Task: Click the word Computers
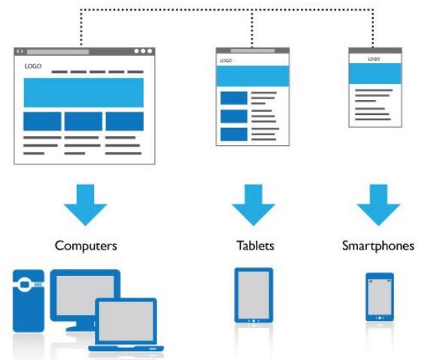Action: point(86,246)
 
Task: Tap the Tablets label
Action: point(255,246)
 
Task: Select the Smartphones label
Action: point(378,246)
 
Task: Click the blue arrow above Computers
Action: point(86,204)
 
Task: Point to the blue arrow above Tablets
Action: point(253,204)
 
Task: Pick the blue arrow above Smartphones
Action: point(378,204)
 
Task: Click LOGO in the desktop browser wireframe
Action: point(33,66)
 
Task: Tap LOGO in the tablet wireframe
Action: point(226,61)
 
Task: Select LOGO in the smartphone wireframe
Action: point(373,59)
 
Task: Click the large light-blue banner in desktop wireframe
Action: point(83,92)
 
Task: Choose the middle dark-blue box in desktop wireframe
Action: point(83,121)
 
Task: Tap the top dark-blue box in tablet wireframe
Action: point(234,98)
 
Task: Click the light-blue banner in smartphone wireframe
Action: point(375,74)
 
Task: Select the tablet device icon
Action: point(253,295)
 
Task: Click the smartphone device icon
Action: point(380,297)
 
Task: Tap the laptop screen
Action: point(126,321)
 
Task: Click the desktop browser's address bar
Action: point(58,51)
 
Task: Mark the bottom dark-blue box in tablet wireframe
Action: point(234,135)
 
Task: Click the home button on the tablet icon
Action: point(253,321)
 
